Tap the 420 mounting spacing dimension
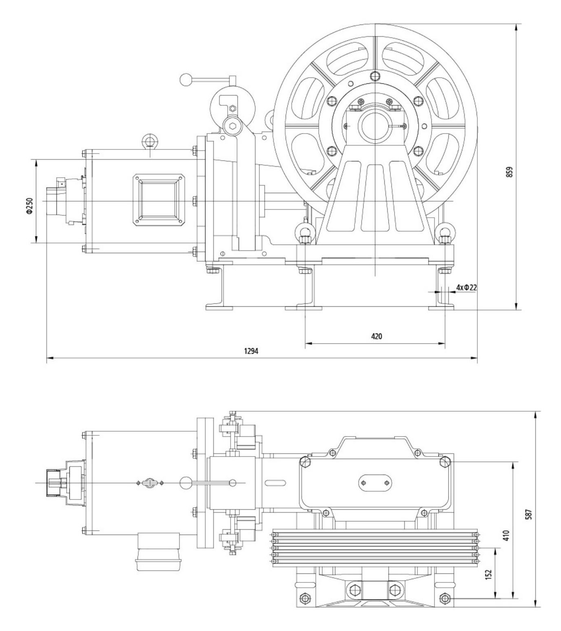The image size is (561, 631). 376,337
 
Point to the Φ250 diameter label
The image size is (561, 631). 29,206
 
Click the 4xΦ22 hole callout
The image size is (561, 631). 466,288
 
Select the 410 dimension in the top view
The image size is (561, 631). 506,535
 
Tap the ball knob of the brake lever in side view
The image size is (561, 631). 186,79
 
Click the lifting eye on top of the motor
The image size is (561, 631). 150,141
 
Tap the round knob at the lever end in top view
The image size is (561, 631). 186,482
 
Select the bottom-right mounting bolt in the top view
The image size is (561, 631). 445,598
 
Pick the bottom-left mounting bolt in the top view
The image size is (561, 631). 304,598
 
